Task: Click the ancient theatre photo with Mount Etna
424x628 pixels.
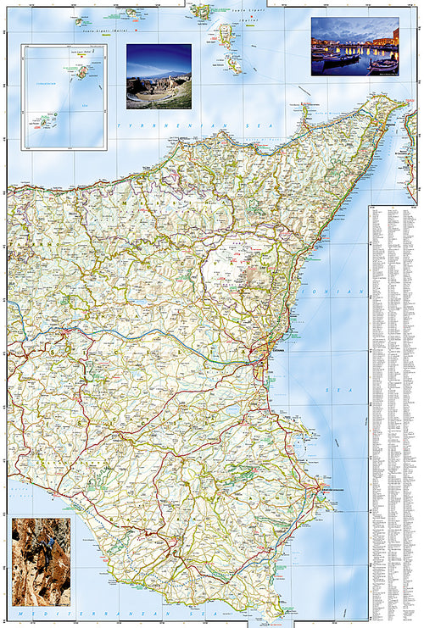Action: pyautogui.click(x=159, y=76)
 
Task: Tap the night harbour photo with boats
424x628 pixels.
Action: pyautogui.click(x=354, y=46)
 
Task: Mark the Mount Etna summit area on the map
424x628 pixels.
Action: pyautogui.click(x=242, y=258)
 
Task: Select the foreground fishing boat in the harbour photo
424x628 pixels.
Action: pyautogui.click(x=339, y=59)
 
